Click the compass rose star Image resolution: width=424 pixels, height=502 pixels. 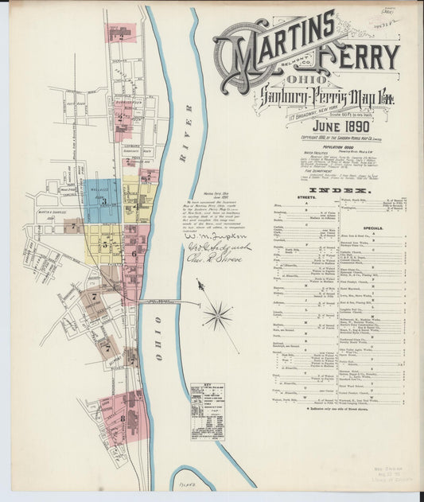click(x=216, y=316)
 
